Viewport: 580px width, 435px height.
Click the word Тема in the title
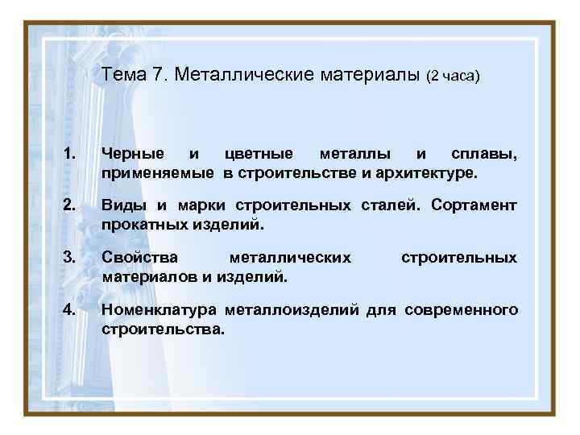click(123, 76)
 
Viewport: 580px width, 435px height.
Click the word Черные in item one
click(133, 154)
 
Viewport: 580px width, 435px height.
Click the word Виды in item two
click(121, 205)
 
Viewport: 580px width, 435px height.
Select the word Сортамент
click(474, 205)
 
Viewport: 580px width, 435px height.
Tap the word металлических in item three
click(290, 258)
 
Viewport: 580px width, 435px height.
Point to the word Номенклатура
click(159, 310)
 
